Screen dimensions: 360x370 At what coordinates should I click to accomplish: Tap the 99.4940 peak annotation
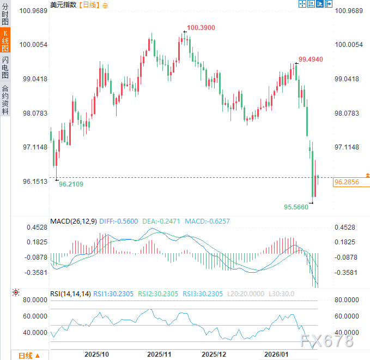pos(311,59)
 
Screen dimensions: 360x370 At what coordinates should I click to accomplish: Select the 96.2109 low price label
pos(71,184)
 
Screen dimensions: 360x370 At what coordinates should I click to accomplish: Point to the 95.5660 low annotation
pos(296,207)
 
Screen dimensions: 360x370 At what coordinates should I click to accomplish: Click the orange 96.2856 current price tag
pos(351,182)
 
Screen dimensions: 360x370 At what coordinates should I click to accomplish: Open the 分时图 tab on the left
pos(5,14)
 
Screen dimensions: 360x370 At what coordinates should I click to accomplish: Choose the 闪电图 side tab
pos(5,67)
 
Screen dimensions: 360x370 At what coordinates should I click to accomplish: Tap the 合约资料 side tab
pos(5,99)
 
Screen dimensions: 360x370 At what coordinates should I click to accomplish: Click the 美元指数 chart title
pos(63,4)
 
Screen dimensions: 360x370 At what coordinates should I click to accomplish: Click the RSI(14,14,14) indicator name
pos(70,293)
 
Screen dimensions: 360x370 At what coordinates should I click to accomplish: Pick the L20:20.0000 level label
pos(245,293)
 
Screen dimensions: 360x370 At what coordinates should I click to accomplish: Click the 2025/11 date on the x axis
pos(159,354)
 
